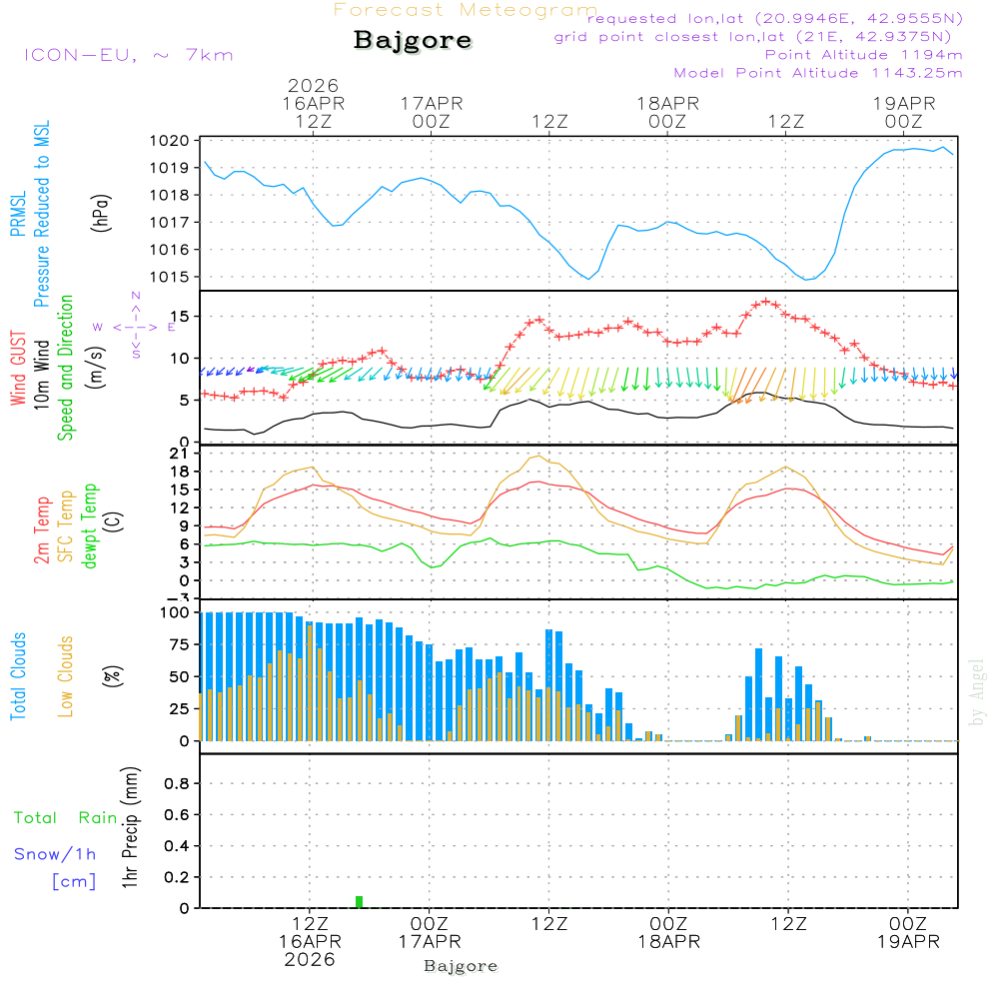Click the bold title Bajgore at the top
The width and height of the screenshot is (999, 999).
413,41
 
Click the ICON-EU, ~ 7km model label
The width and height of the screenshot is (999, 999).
128,54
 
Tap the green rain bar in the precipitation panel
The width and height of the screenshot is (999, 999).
360,902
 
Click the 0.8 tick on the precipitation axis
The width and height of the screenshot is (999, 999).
177,784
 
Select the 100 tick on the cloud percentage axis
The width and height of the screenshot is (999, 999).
175,612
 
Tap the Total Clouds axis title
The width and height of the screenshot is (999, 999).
18,676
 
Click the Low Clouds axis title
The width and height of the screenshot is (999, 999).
66,676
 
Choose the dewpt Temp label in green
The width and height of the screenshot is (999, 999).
90,525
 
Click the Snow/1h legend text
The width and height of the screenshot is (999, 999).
55,854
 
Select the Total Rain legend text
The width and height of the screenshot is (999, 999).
65,818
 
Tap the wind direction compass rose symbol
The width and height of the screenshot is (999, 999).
135,326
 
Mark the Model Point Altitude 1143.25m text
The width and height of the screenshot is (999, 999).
818,73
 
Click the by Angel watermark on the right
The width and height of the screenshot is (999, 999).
978,692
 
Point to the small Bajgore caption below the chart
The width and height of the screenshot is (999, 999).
461,966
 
